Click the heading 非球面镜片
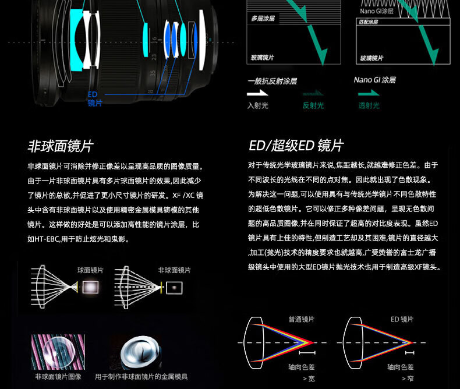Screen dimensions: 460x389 tap(61, 146)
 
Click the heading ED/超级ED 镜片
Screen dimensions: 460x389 tap(296, 146)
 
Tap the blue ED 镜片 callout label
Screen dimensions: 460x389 tap(94, 98)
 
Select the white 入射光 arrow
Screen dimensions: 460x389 tap(257, 93)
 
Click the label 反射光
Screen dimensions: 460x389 tap(313, 105)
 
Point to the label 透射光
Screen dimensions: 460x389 tap(369, 105)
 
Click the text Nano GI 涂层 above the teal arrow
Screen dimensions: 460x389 tap(374, 80)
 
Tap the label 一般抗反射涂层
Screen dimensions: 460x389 tap(272, 81)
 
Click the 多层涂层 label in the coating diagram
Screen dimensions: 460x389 tap(263, 19)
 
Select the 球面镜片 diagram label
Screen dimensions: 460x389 tap(90, 270)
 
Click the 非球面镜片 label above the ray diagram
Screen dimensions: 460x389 tap(174, 270)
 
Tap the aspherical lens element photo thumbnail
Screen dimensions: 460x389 tap(58, 352)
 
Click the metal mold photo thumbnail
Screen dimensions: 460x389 tap(143, 352)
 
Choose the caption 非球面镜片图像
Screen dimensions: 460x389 tap(58, 377)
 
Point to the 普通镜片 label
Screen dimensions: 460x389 tap(301, 320)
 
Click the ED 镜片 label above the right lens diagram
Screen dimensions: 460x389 tap(402, 320)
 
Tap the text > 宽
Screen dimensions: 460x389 tap(309, 379)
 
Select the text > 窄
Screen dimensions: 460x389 tap(407, 379)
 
